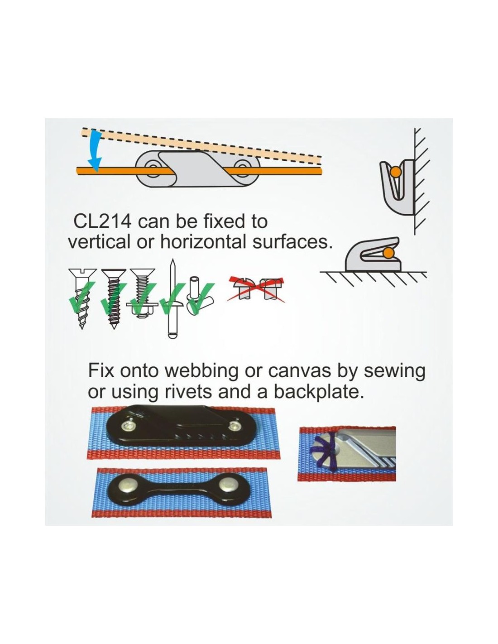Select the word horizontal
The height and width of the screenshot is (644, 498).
click(x=203, y=242)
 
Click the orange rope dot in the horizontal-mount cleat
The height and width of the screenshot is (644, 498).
click(x=388, y=253)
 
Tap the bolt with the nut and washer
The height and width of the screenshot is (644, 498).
click(x=142, y=293)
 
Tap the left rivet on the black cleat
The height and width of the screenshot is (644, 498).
click(x=128, y=427)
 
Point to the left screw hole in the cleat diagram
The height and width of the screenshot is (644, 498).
click(x=153, y=168)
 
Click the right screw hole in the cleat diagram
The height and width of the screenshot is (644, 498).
click(x=243, y=168)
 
